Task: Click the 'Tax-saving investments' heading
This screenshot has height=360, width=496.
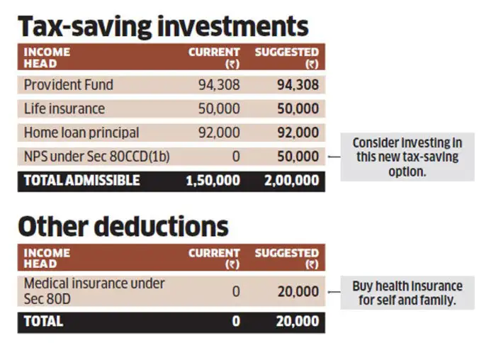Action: click(x=163, y=26)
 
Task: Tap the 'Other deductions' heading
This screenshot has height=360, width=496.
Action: click(x=123, y=226)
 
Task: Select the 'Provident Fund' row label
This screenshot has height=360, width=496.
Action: click(x=68, y=85)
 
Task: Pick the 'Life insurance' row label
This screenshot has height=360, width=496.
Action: click(x=64, y=109)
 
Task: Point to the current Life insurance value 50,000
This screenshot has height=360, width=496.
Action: click(x=218, y=109)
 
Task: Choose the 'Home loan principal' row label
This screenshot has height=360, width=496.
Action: click(x=81, y=133)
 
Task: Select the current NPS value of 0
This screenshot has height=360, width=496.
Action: click(x=235, y=157)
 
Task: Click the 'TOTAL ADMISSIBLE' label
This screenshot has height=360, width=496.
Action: click(x=81, y=180)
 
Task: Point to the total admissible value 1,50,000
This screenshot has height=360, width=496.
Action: click(x=213, y=181)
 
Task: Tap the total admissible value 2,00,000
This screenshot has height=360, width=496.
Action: click(x=291, y=181)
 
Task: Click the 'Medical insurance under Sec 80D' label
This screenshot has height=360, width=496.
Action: click(x=94, y=291)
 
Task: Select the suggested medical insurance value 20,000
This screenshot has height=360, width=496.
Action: click(x=297, y=291)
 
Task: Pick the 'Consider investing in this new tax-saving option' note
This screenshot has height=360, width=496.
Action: click(x=407, y=157)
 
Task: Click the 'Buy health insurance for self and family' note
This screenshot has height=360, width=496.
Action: click(x=407, y=293)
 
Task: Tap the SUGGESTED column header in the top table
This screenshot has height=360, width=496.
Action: click(x=286, y=57)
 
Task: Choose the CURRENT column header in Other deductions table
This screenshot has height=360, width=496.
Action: click(x=214, y=258)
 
